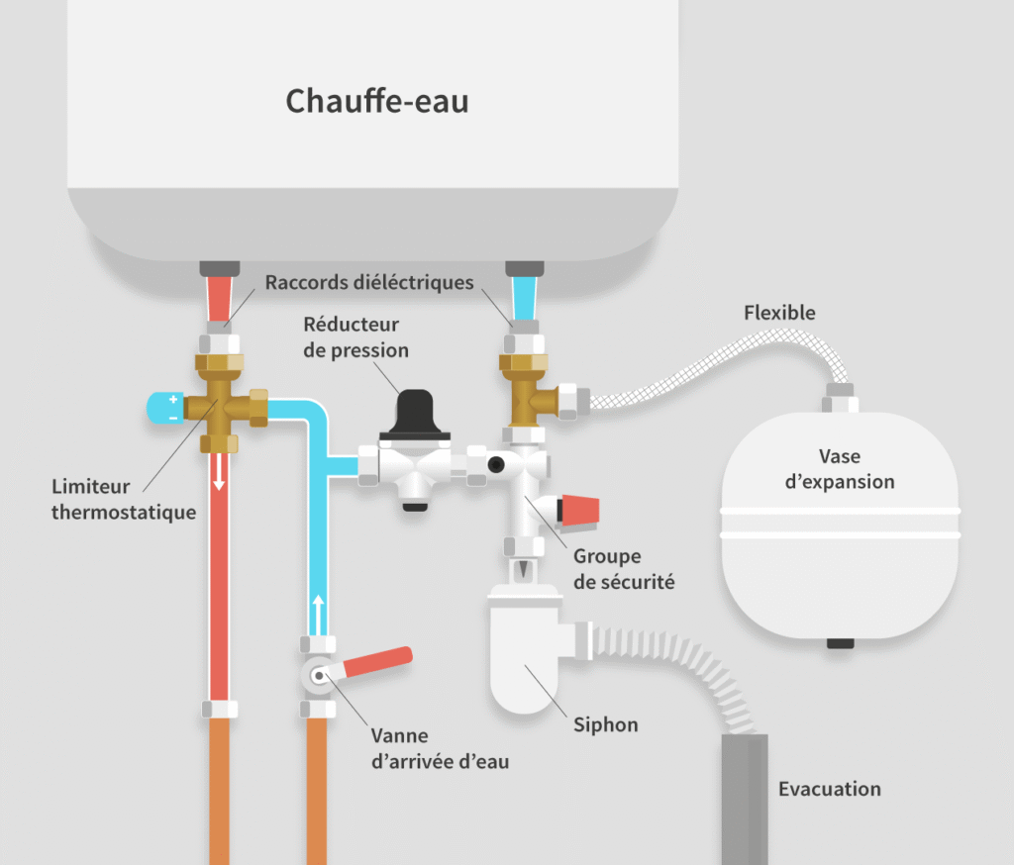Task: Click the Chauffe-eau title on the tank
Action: tap(376, 101)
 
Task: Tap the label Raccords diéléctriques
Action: tap(369, 283)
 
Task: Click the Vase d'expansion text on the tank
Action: tap(840, 469)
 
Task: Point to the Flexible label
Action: tap(779, 313)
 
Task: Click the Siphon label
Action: tap(606, 725)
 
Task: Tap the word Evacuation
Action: tap(829, 789)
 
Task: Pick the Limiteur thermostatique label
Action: tap(124, 500)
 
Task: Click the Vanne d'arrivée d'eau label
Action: tap(440, 749)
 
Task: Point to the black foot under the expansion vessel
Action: tap(840, 643)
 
